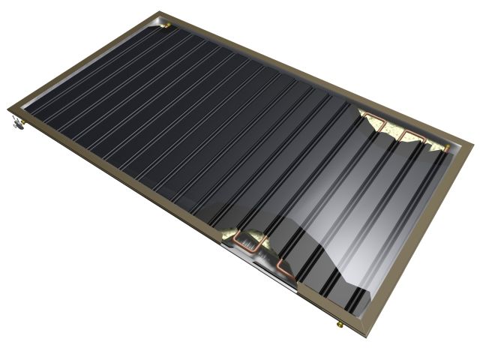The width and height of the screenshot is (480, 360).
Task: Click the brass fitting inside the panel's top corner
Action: [167, 24]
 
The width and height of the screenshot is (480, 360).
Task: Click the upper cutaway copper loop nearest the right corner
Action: [412, 139]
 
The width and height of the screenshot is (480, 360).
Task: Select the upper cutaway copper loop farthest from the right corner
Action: [373, 121]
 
